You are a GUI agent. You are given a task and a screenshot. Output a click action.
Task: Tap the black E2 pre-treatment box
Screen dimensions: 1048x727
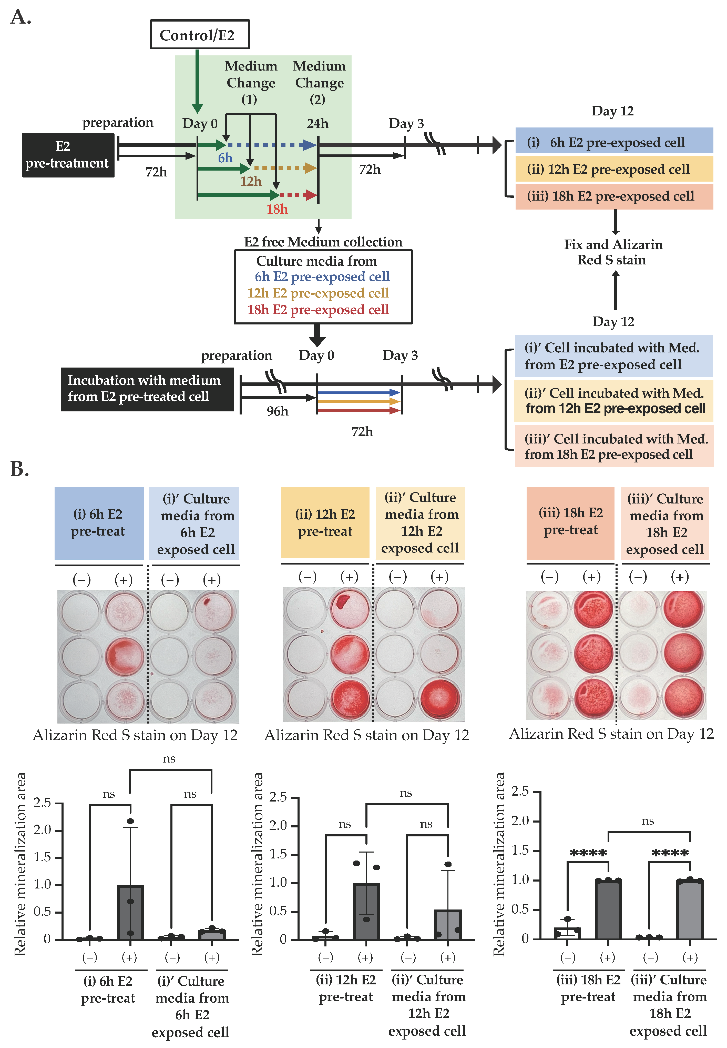pos(68,155)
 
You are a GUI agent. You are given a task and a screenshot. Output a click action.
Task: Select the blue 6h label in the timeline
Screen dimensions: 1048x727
pos(225,158)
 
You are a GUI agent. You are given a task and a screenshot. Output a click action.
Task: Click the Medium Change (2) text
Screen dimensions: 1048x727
pos(319,83)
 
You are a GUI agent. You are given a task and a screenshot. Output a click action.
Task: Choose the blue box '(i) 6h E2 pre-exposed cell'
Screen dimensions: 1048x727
pos(613,142)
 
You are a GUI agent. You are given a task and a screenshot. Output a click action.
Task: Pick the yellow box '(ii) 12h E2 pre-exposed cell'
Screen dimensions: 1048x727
pos(613,169)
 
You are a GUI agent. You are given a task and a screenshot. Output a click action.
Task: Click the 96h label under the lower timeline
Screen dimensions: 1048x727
pos(278,411)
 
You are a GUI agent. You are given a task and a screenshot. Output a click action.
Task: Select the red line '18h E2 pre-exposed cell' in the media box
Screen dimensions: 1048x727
pos(318,310)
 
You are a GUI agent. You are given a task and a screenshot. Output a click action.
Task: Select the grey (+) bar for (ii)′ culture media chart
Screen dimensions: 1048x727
pos(448,924)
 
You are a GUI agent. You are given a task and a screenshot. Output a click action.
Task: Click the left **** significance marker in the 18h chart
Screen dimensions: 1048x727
pos(588,853)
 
